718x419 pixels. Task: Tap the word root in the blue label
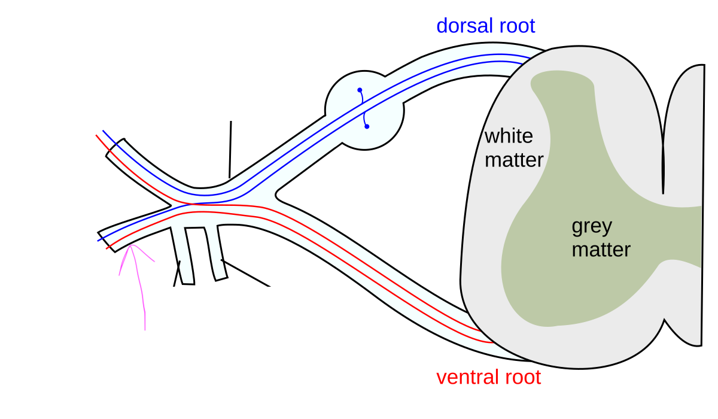516,26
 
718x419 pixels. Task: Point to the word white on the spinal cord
509,136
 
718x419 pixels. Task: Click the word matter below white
514,160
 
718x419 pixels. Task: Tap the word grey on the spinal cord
592,226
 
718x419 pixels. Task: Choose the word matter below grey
601,250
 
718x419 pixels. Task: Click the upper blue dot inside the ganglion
360,90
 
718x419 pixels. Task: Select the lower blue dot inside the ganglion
367,126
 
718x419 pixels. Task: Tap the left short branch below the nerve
184,254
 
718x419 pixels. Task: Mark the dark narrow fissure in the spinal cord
663,168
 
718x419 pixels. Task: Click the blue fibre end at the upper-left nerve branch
103,130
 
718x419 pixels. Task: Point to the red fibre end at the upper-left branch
97,136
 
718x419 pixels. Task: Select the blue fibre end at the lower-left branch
99,240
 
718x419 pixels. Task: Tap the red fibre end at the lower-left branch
108,248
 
